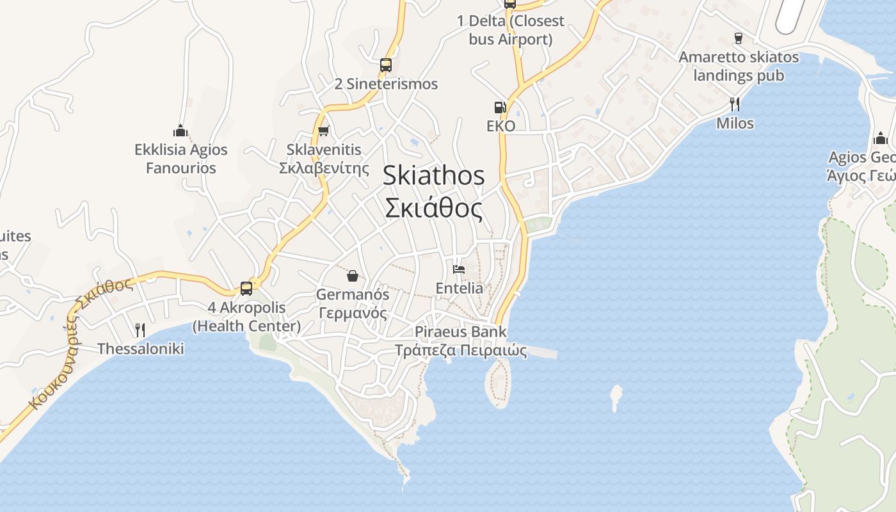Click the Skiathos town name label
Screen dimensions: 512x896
[x=433, y=176]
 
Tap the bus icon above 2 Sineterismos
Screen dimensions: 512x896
[x=385, y=65]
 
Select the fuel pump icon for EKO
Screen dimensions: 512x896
[x=500, y=108]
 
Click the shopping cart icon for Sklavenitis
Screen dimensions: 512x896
[x=323, y=131]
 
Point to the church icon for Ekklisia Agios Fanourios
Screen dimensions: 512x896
[x=180, y=131]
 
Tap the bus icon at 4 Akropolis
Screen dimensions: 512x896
[x=246, y=288]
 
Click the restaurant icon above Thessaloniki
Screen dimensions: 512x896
[x=140, y=330]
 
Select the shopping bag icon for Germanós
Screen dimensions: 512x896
[x=352, y=276]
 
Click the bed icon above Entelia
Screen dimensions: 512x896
[x=459, y=269]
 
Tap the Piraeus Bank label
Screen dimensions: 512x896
[x=460, y=332]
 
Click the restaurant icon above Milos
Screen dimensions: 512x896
[x=735, y=104]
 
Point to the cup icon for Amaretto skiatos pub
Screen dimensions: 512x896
[x=738, y=38]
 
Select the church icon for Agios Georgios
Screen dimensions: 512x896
[x=881, y=138]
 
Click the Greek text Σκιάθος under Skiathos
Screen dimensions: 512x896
[x=433, y=208]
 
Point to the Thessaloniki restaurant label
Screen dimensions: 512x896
[x=140, y=349]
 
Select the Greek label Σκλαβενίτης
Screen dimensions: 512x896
[x=324, y=168]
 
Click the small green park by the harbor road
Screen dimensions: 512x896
[x=538, y=224]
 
